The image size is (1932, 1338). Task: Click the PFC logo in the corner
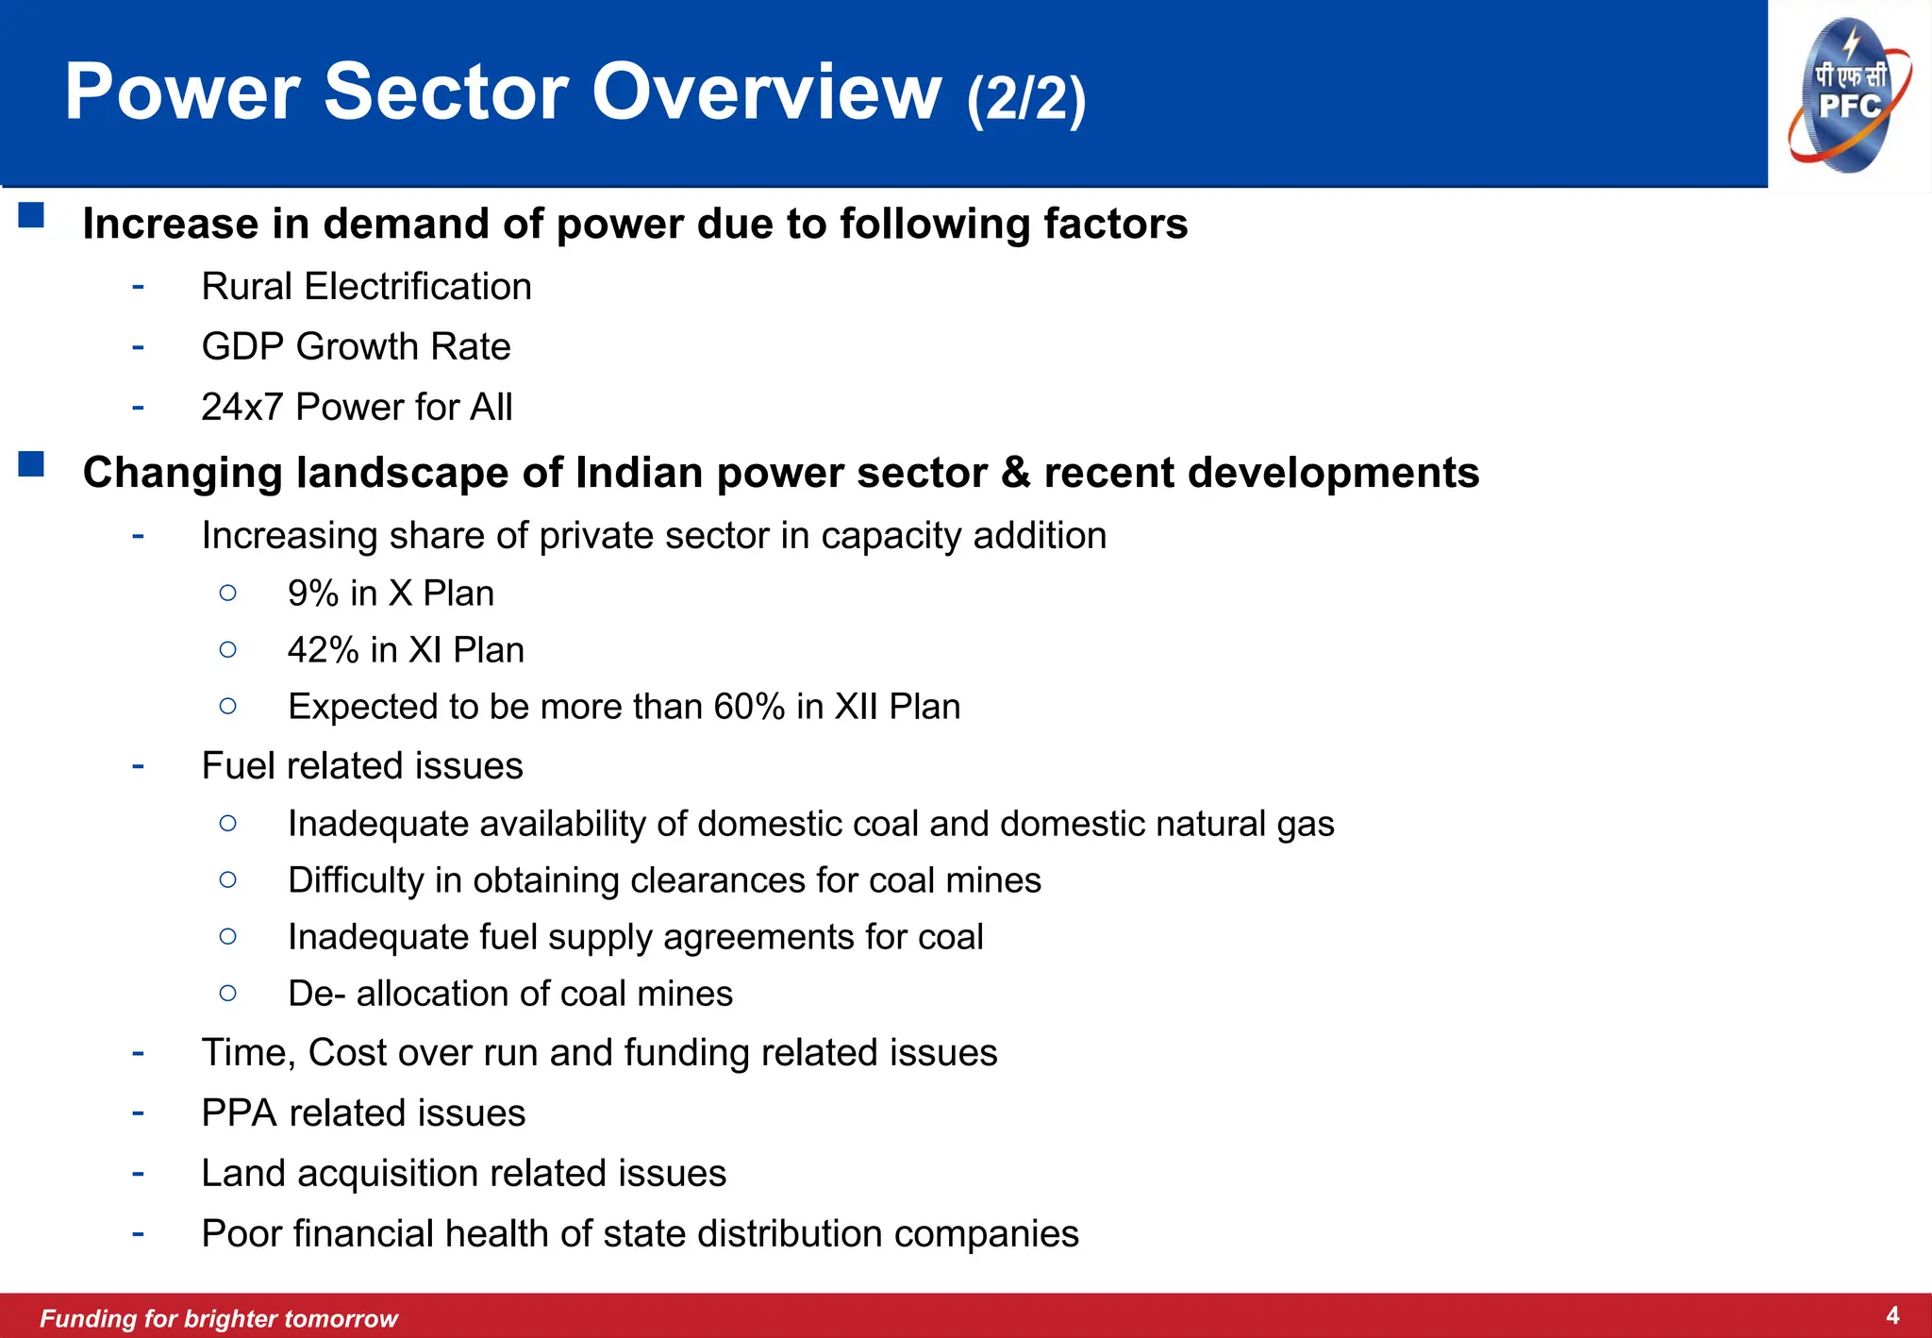[1849, 94]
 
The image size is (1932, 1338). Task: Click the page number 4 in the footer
[1892, 1315]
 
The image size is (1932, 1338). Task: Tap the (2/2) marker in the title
[1026, 96]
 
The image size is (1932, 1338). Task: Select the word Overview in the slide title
[766, 92]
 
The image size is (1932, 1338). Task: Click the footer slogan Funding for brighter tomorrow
[219, 1318]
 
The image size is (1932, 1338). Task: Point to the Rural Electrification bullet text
[366, 287]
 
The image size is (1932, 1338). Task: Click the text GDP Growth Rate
[356, 347]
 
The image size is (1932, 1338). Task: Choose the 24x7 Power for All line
[357, 408]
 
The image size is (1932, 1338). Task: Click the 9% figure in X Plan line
[313, 594]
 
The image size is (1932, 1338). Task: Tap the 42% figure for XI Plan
[324, 650]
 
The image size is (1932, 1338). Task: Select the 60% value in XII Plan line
[749, 707]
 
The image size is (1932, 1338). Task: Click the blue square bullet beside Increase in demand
[31, 216]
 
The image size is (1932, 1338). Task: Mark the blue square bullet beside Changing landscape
[31, 464]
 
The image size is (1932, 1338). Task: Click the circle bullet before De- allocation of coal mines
[227, 993]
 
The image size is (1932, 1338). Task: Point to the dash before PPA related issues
[139, 1112]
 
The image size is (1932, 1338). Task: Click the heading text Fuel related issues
[362, 766]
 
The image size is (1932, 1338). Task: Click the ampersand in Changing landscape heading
[1015, 472]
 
